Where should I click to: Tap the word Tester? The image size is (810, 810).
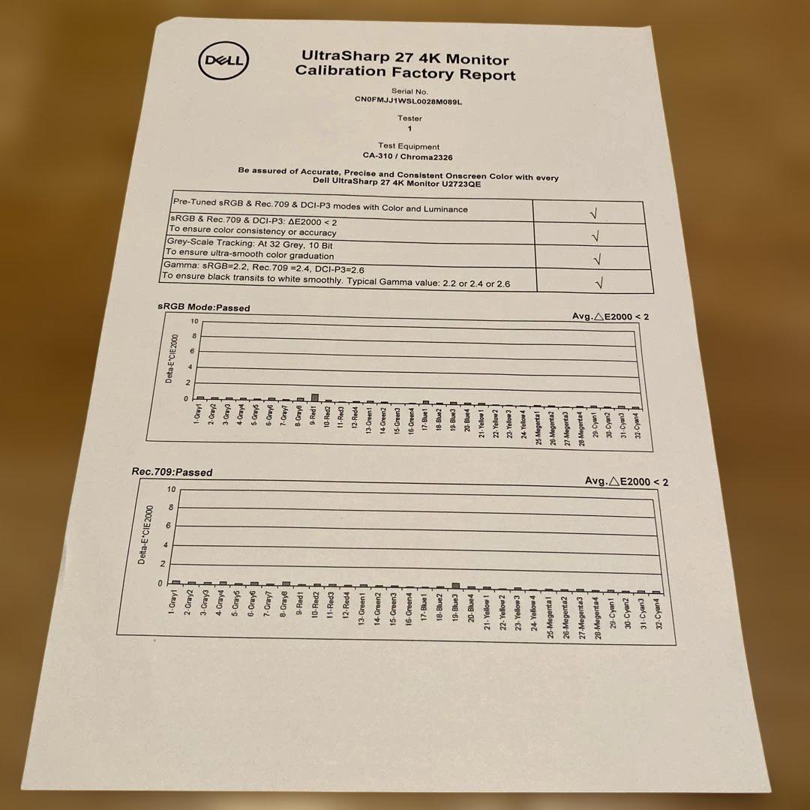(x=409, y=118)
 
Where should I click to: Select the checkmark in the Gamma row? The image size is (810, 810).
(x=598, y=283)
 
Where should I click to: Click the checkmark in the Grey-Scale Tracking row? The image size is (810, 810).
(x=597, y=259)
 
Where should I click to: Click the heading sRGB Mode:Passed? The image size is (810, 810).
(x=204, y=307)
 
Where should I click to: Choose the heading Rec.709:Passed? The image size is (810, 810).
(x=172, y=472)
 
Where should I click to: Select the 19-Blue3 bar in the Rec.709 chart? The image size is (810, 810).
(x=455, y=586)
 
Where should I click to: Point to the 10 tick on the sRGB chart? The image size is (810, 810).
(x=194, y=322)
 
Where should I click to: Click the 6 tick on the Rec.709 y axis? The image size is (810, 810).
(x=169, y=526)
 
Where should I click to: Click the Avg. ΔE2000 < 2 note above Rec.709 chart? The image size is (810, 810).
(x=626, y=481)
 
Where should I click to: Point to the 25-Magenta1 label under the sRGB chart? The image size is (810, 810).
(x=538, y=427)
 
